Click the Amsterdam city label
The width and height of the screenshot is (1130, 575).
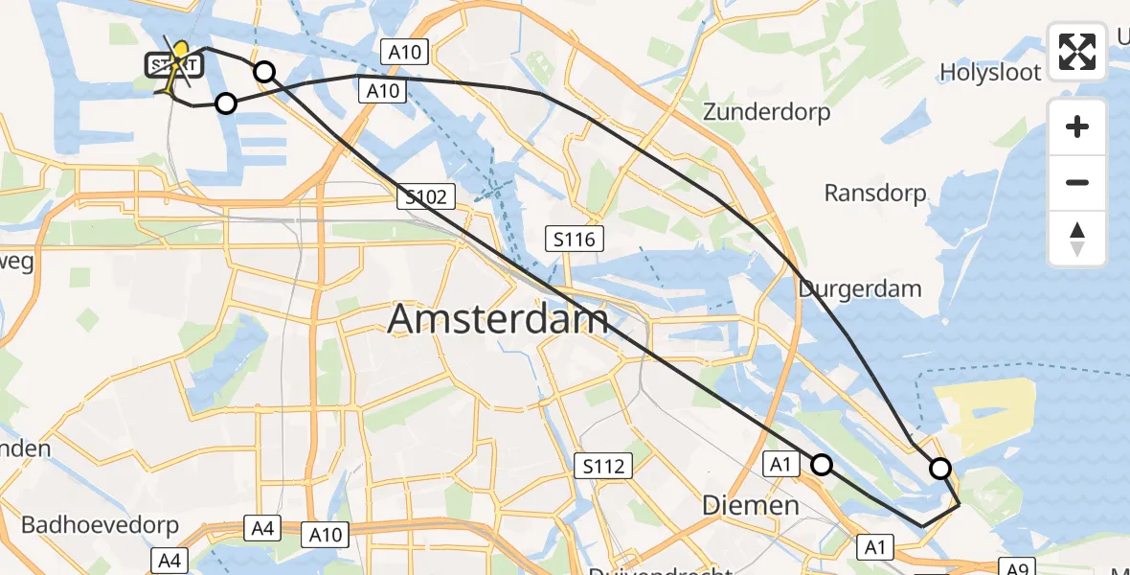[x=498, y=319]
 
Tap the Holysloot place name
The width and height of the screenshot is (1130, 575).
[x=989, y=72]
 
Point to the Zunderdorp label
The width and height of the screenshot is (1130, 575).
[x=766, y=112]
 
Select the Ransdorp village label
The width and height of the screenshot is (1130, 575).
[x=875, y=193]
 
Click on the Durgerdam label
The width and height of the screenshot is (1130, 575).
[x=859, y=288]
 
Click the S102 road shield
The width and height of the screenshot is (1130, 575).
[x=425, y=197]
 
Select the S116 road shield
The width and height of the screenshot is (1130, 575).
[x=575, y=239]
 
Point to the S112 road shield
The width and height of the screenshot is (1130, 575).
[x=604, y=467]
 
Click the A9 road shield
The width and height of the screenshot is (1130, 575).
[x=1017, y=568]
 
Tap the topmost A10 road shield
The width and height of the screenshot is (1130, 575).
[x=406, y=52]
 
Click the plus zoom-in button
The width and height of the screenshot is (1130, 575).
[x=1077, y=127]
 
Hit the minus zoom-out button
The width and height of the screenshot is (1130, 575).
[x=1077, y=182]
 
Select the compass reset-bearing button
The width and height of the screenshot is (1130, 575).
[x=1077, y=239]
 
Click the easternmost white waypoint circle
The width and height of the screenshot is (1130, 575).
[x=940, y=469]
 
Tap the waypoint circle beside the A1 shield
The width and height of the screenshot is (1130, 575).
[x=822, y=465]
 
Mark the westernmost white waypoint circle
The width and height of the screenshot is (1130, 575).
[x=225, y=103]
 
